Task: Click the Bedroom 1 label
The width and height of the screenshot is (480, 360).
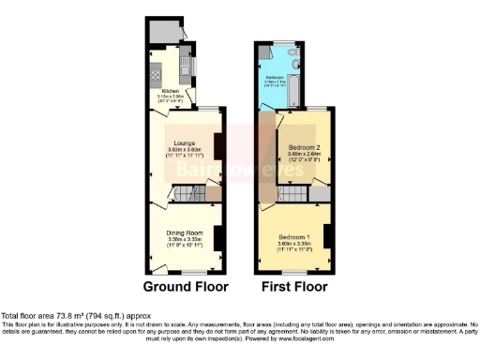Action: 294,239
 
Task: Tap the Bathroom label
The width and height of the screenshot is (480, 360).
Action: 275,77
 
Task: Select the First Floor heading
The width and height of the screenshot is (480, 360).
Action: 293,286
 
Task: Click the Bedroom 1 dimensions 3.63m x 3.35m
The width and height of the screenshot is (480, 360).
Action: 294,246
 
